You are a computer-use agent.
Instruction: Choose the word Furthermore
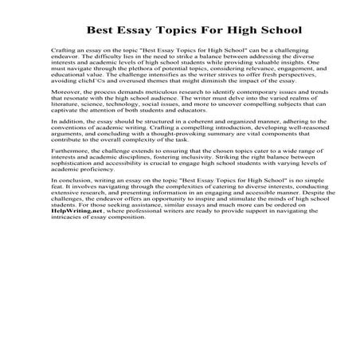(70, 194)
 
